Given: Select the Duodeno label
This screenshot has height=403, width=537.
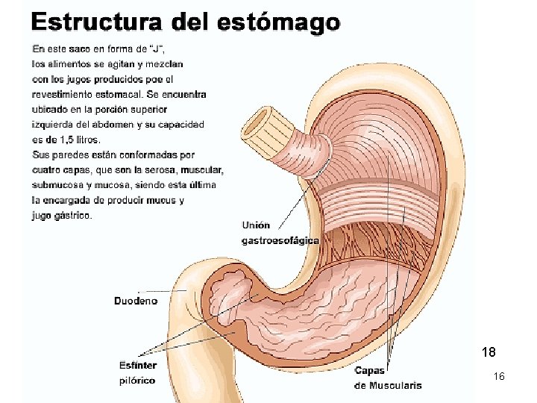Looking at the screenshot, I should pos(135,301).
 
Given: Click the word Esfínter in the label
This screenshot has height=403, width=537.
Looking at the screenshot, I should pos(137,365).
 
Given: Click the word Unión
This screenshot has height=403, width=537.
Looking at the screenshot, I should pos(256,225).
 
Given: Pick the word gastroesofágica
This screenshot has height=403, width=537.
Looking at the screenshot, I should pos(280,240).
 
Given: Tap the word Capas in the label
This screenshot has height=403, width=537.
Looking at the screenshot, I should pos(369,371).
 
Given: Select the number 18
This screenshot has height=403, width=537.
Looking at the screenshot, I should pos(489,351).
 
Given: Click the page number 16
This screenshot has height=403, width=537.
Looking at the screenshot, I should pos(499,377).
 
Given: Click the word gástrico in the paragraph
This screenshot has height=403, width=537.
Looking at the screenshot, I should pos(73,216).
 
